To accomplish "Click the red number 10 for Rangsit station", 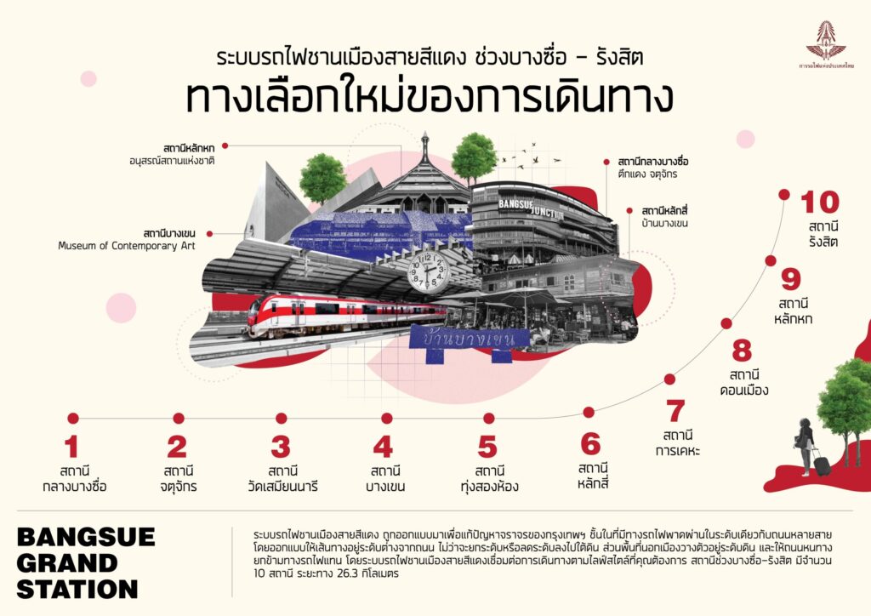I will click(x=820, y=202).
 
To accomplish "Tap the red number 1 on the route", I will click(x=71, y=447).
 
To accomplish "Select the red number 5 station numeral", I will click(x=487, y=447).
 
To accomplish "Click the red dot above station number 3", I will click(x=282, y=418).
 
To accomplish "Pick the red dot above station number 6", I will click(x=589, y=412).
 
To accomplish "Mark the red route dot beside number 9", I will click(x=771, y=261).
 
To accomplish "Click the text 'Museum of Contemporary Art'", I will click(x=127, y=246).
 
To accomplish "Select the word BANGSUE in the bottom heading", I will click(x=86, y=537).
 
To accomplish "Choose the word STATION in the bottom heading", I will click(x=77, y=589).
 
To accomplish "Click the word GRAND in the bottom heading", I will click(x=67, y=563).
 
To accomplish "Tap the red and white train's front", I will click(x=259, y=317).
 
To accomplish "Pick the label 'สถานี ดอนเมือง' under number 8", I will click(x=749, y=383).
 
